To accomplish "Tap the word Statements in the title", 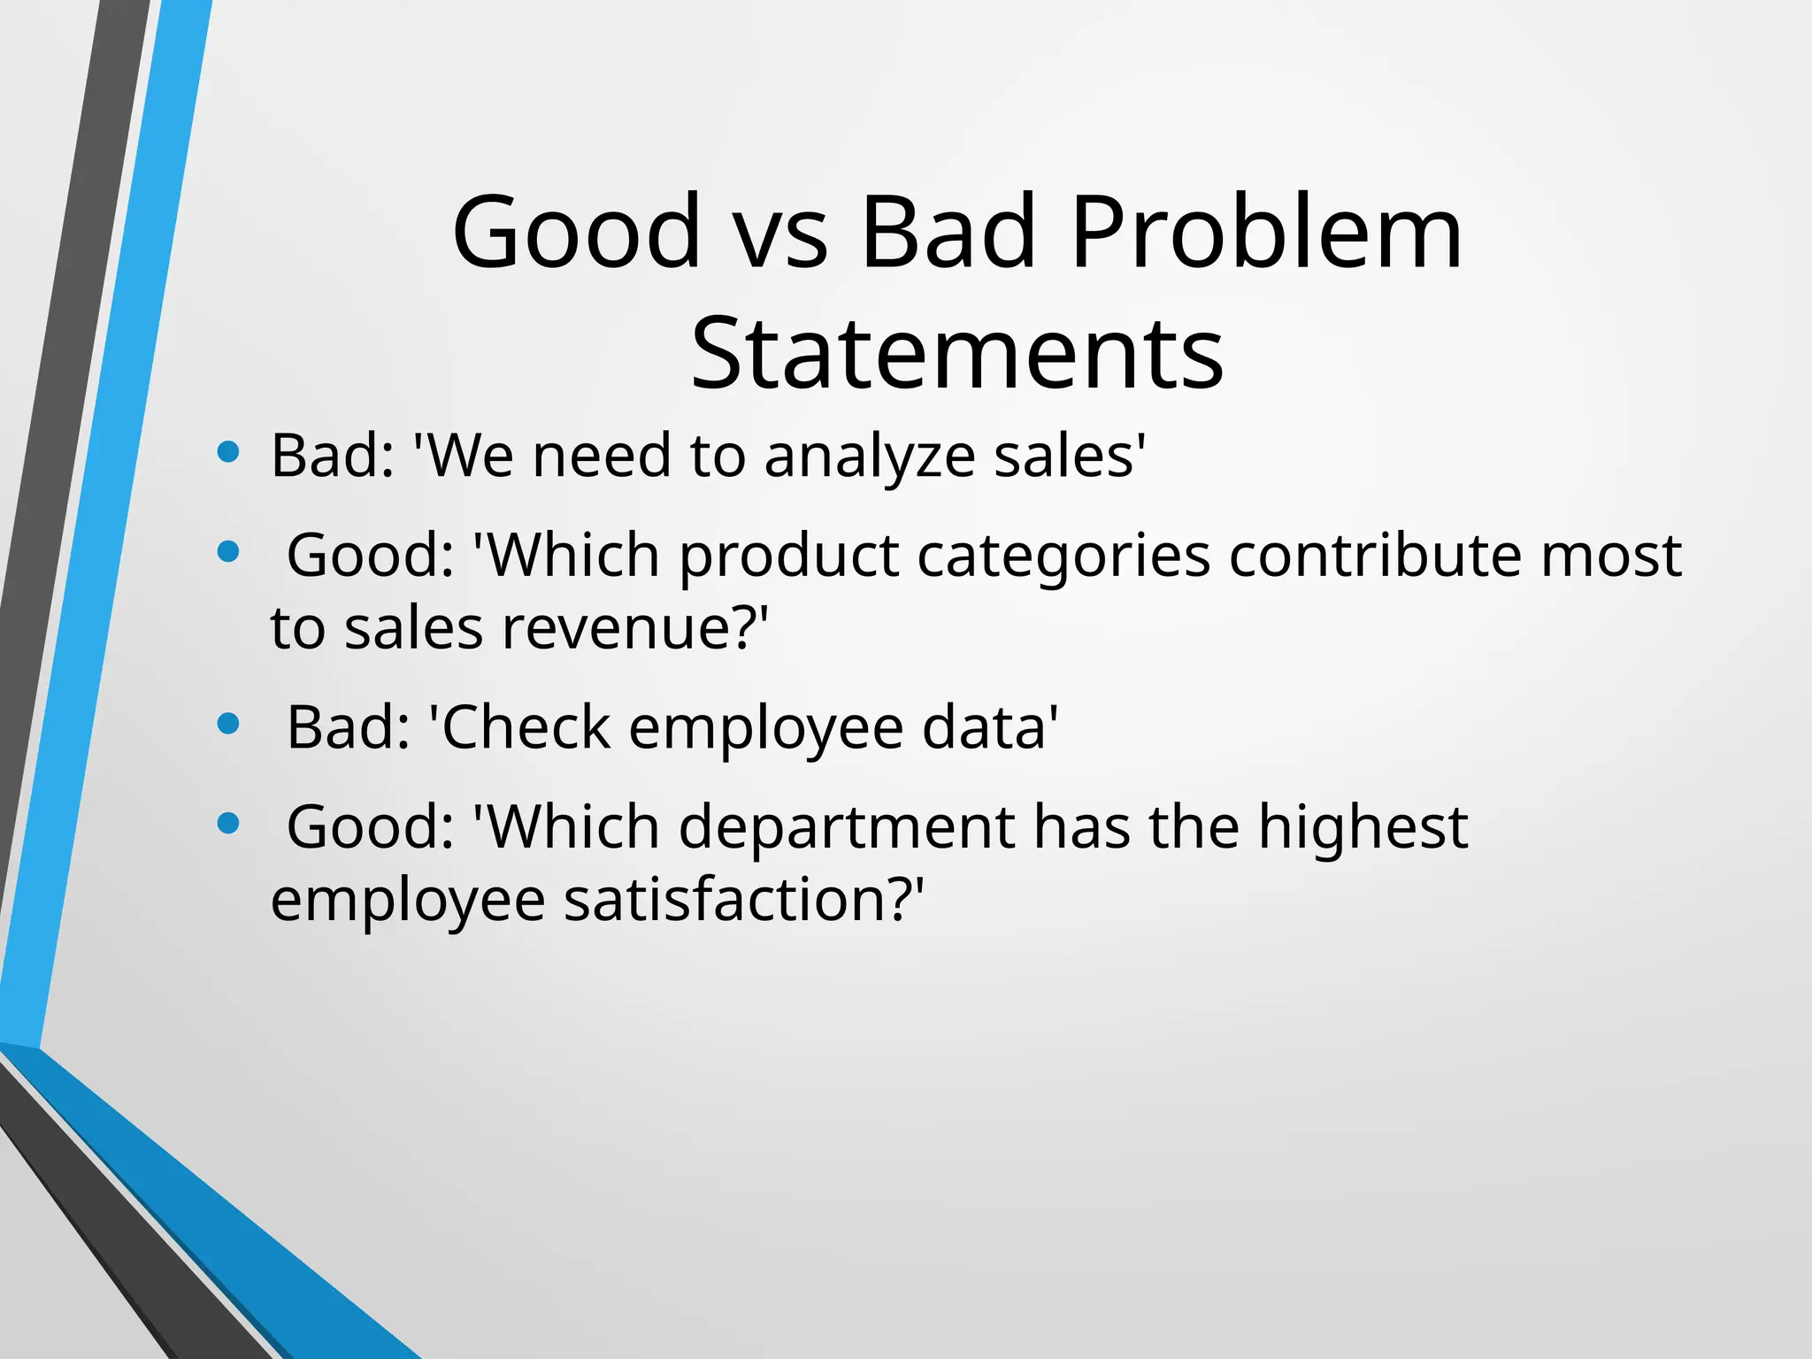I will [x=956, y=354].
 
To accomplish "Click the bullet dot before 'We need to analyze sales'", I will [x=228, y=453].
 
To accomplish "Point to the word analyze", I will [x=868, y=457].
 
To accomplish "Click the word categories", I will [x=1063, y=557].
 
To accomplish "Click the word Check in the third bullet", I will [x=526, y=728].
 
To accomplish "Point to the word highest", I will [x=1363, y=828].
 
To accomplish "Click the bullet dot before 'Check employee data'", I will [x=228, y=725].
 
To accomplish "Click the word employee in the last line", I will [x=408, y=901].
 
